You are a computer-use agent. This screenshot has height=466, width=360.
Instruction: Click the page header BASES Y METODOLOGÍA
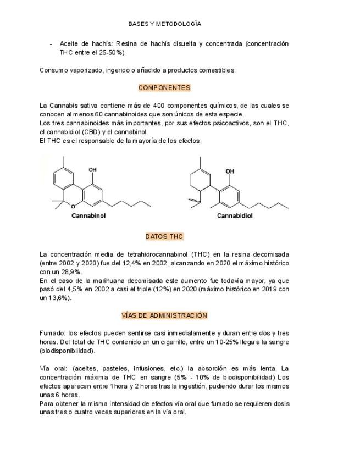point(164,24)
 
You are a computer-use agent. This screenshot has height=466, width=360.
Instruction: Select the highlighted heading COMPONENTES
point(164,87)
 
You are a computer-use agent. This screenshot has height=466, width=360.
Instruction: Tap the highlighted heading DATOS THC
point(164,236)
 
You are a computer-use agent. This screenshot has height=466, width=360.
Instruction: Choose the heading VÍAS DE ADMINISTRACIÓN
point(164,315)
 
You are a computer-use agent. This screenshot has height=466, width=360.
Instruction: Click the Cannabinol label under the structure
point(88,216)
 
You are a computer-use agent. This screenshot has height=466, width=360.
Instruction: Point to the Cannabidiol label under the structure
point(235,216)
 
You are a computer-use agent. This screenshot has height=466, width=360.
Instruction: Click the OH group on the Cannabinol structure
point(92,170)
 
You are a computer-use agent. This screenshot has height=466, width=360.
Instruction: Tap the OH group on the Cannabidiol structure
point(230,171)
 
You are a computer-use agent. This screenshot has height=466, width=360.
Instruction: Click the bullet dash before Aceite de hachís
point(51,44)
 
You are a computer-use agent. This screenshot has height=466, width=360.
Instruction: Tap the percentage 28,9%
point(70,272)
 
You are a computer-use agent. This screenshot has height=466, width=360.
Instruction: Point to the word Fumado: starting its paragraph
point(52,333)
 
